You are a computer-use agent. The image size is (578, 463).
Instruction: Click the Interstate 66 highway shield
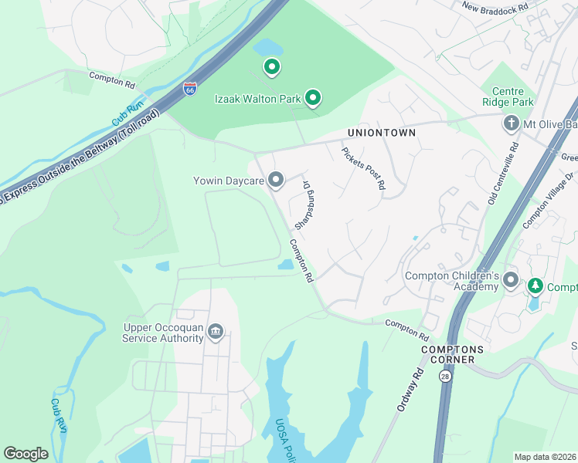point(190,89)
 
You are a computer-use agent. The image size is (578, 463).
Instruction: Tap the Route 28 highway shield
point(445,376)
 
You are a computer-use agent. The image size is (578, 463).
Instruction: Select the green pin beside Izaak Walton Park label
point(313,97)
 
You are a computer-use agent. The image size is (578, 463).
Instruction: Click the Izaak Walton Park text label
point(257,98)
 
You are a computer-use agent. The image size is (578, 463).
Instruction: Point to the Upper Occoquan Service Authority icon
point(216,333)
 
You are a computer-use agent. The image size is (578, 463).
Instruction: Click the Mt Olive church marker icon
point(511,123)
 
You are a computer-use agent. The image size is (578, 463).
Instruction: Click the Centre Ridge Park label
point(507,96)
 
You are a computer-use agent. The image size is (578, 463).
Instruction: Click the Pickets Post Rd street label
point(362,168)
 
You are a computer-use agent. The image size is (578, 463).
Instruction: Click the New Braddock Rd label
point(495,7)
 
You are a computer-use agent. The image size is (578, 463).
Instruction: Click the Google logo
point(25,454)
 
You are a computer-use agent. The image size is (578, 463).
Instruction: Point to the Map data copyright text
point(545,457)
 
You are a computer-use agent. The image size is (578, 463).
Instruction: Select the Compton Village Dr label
point(549,200)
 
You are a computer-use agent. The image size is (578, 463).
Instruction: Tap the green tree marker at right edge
point(535,287)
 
